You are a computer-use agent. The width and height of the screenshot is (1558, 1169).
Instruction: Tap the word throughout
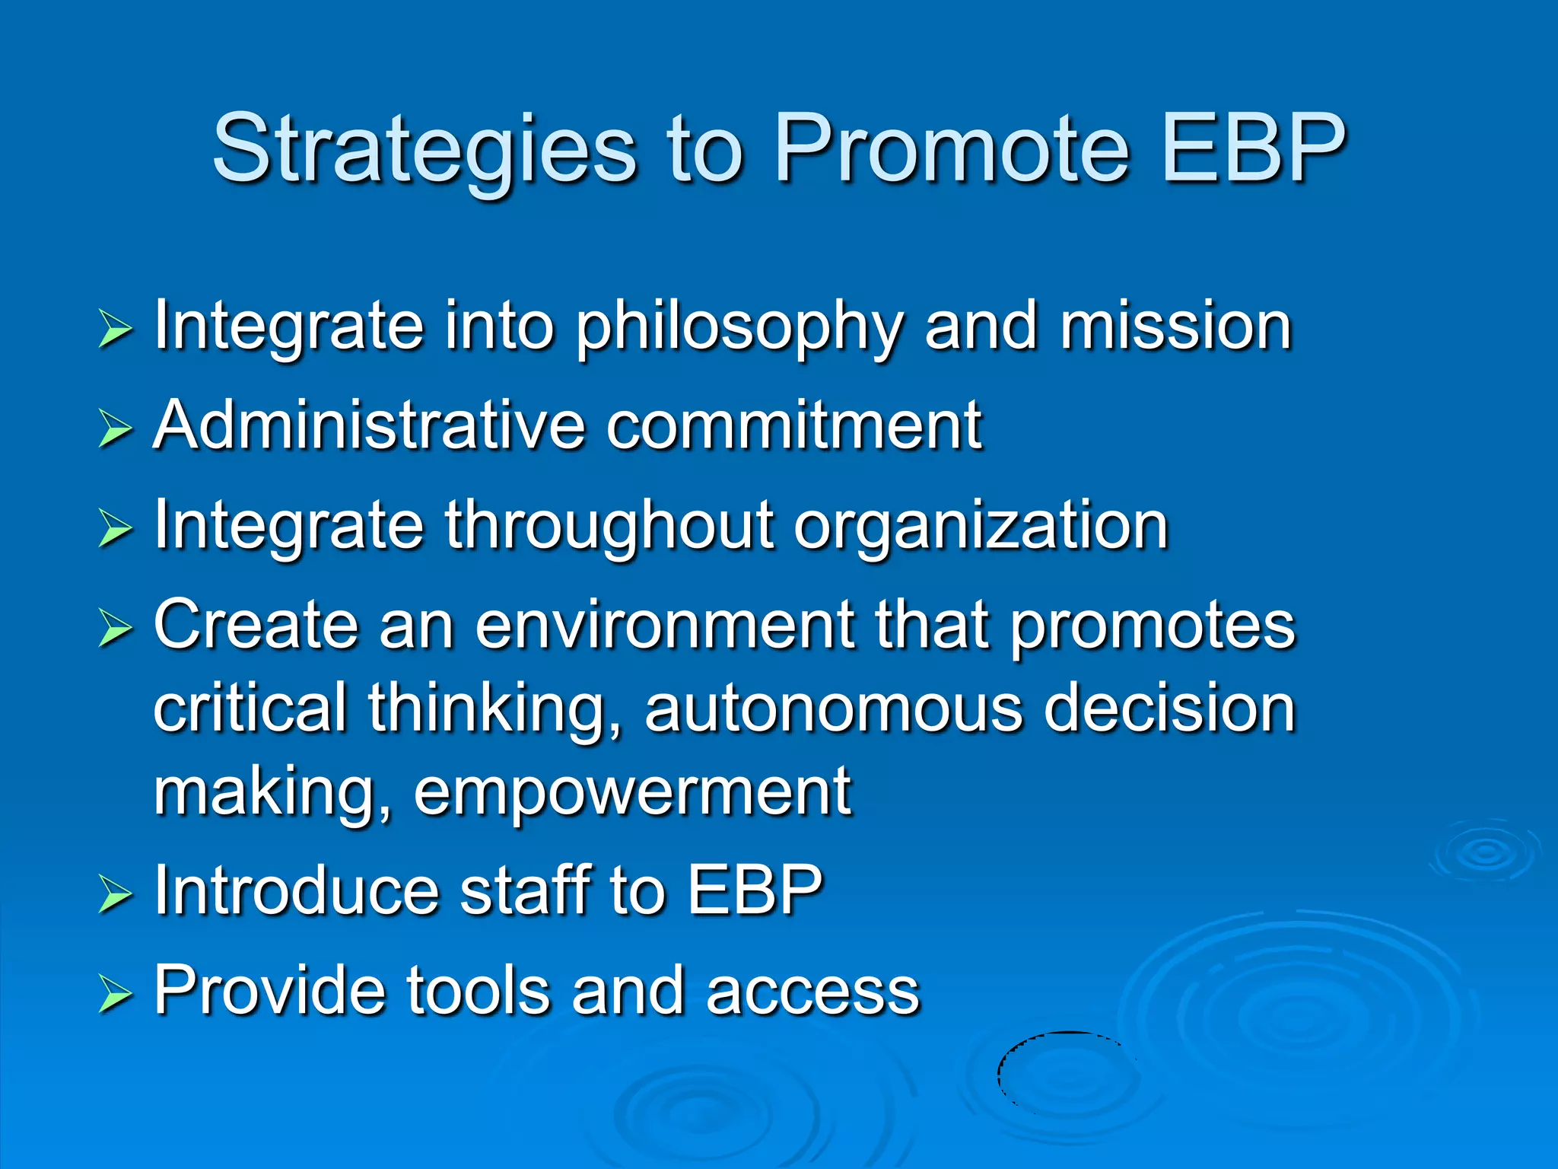pos(608,525)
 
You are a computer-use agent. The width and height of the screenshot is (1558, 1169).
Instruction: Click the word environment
pos(666,626)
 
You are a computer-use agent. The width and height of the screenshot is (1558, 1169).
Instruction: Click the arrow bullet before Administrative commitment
pos(115,428)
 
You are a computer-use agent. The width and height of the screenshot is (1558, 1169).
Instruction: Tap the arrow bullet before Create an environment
pos(115,629)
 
